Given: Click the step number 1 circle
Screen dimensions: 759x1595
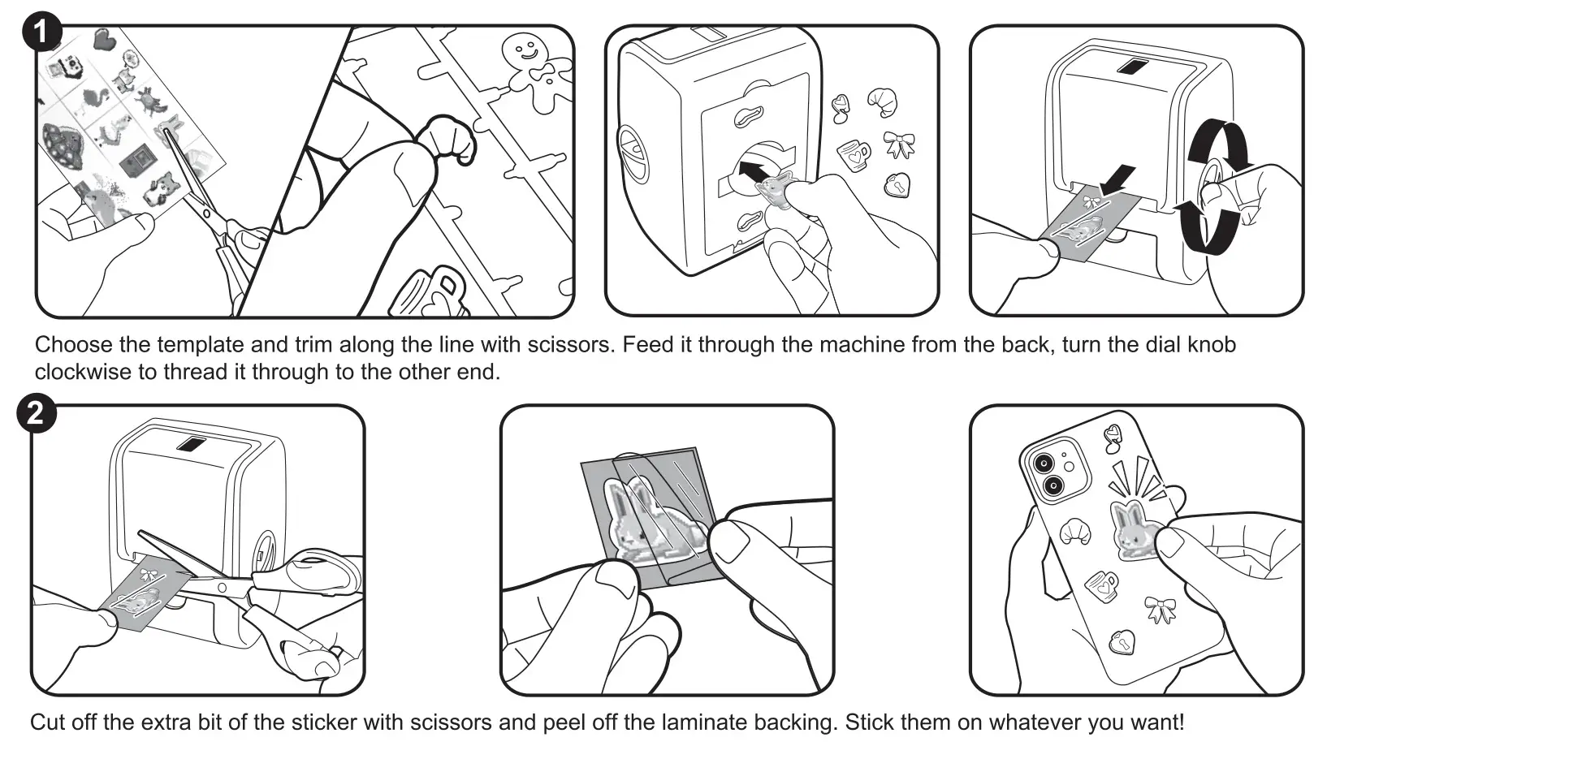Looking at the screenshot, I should pyautogui.click(x=41, y=33).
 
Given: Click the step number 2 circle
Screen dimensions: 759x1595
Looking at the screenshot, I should pyautogui.click(x=36, y=414).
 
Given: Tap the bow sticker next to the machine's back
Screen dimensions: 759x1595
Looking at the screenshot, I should pyautogui.click(x=899, y=145).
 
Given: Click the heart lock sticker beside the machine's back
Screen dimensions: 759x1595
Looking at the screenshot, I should pyautogui.click(x=897, y=185).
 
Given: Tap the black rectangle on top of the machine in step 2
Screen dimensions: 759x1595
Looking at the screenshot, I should pyautogui.click(x=192, y=444).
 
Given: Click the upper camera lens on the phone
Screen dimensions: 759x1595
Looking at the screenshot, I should pyautogui.click(x=1043, y=463).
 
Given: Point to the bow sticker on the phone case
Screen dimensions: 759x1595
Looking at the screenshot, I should pyautogui.click(x=1161, y=609).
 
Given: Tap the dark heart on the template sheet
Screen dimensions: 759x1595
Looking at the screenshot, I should pyautogui.click(x=103, y=39).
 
